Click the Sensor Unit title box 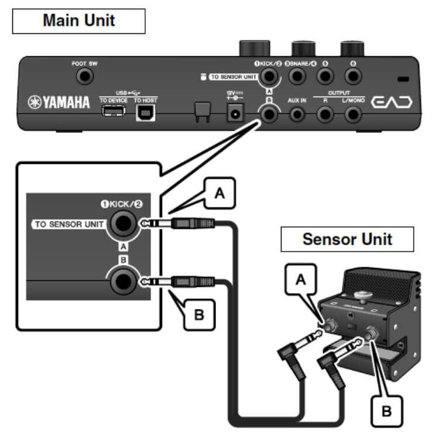click(x=347, y=239)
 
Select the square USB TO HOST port click(x=143, y=113)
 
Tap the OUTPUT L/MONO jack click(x=352, y=114)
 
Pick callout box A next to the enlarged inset click(x=220, y=194)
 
